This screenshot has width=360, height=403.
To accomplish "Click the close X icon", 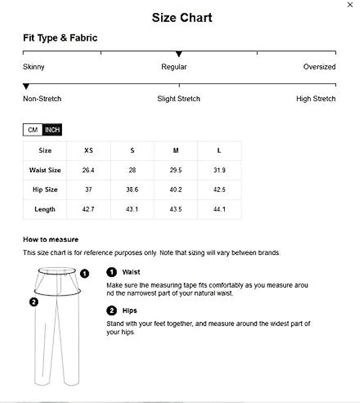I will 350,5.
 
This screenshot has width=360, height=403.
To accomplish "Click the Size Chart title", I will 182,17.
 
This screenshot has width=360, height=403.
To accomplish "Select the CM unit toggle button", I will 32,130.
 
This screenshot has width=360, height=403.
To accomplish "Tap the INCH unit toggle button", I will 52,130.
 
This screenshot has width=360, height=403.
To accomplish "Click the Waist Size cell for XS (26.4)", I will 89,170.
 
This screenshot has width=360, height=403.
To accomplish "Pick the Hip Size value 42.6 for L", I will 219,190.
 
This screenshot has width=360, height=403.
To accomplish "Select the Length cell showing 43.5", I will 175,209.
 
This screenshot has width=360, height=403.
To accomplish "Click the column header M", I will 175,150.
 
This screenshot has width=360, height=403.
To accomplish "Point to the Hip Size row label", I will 45,190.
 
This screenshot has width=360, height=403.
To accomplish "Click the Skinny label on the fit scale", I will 34,67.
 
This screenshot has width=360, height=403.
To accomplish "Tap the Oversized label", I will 319,67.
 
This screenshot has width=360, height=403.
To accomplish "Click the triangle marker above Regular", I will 179,54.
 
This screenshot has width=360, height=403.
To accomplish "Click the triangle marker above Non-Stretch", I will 26,86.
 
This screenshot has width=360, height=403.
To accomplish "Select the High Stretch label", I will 315,99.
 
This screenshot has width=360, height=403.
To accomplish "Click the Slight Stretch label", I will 179,99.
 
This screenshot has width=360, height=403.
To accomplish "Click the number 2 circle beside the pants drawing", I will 34,302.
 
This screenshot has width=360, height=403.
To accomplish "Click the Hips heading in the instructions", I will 129,310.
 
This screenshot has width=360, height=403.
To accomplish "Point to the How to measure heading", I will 51,239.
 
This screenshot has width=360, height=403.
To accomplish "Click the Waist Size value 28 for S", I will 132,170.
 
